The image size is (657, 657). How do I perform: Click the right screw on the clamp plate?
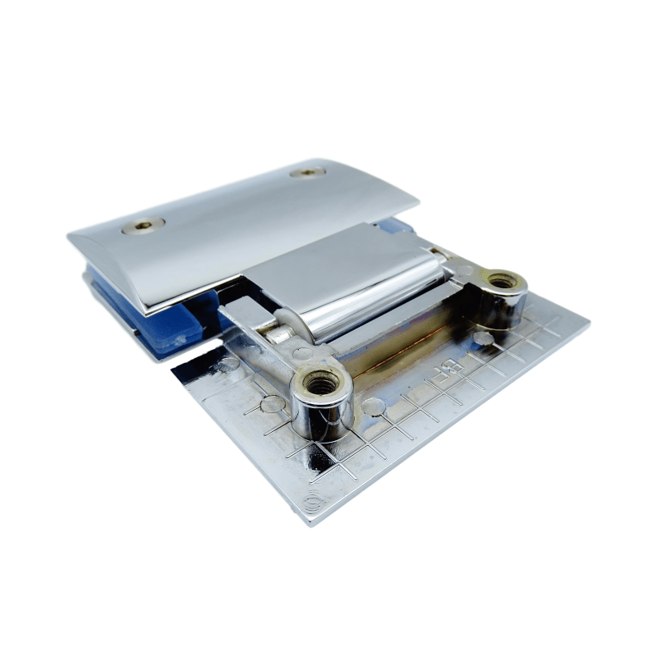coord(308,172)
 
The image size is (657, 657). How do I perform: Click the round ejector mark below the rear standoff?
coord(485,338)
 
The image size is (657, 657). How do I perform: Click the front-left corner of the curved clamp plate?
coord(148,310)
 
